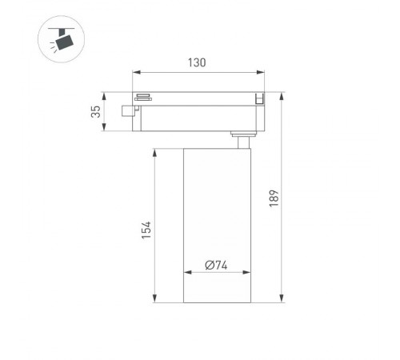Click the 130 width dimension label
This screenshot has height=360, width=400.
197,62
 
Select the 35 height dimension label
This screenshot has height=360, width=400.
96,111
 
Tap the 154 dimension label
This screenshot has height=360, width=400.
146,230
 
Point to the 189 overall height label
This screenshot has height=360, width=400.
274,198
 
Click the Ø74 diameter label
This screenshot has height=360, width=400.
216,265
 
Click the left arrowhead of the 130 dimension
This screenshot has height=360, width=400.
136,72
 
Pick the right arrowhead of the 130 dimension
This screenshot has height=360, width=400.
261,72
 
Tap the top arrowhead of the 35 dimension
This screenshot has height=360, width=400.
104,96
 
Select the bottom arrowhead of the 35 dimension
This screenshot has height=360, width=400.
104,127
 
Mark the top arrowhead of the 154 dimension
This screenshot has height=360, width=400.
154,153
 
